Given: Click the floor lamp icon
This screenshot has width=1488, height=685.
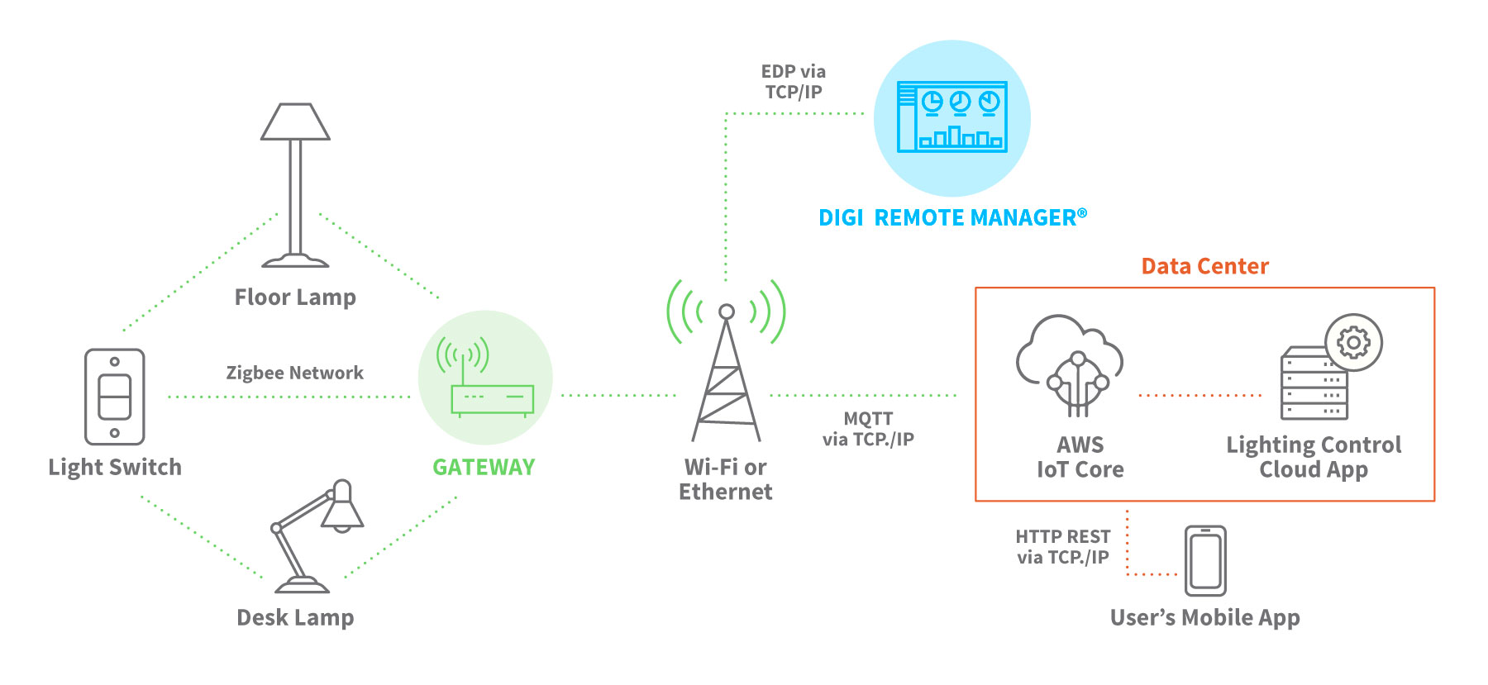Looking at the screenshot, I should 295,185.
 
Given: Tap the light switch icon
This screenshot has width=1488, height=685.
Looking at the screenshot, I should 115,397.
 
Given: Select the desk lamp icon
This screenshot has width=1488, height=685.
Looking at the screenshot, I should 317,537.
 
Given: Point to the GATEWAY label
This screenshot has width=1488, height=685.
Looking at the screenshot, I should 484,468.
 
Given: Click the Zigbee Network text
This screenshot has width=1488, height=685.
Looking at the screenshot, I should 294,373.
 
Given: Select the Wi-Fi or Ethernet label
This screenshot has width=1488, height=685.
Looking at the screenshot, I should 725,479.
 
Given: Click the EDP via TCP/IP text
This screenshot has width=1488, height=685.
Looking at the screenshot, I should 793,82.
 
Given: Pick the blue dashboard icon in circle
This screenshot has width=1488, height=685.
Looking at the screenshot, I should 952,117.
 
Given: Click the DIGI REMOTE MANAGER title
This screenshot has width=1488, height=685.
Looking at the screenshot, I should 951,217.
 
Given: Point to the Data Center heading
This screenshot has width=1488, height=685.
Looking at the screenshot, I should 1204,266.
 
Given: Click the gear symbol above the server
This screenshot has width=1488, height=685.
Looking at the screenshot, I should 1353,341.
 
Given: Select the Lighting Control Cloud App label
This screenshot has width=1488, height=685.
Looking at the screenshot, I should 1314,457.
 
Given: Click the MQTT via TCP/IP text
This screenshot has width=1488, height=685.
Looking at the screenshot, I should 868,429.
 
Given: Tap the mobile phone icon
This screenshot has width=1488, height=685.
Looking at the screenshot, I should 1205,561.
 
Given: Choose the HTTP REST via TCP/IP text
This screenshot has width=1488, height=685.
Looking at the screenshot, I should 1062,547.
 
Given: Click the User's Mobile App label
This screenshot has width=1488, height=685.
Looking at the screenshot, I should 1204,617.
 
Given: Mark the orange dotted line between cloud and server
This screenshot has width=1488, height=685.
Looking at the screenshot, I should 1200,395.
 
